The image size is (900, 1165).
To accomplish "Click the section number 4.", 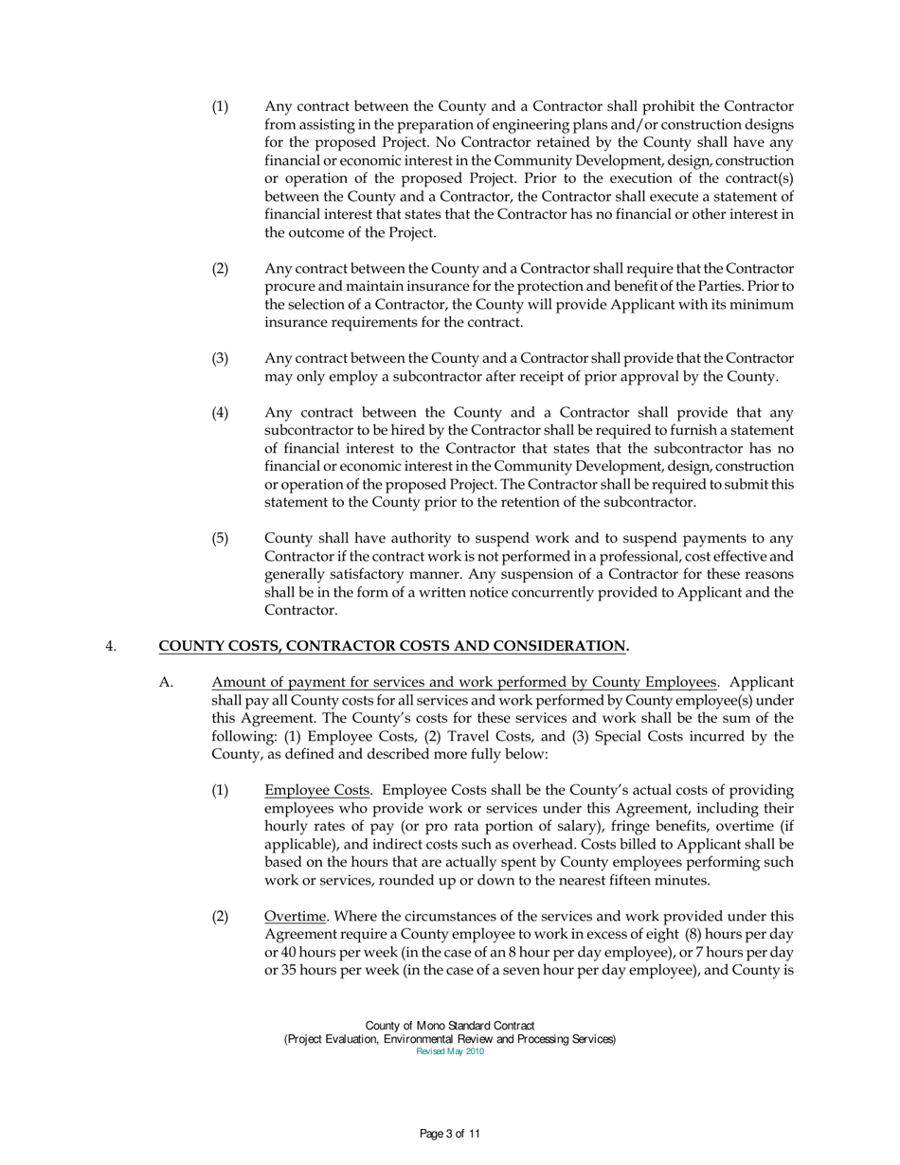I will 110,648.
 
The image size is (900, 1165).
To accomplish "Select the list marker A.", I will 165,683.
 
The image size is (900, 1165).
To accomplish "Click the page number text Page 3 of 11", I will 450,1133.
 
